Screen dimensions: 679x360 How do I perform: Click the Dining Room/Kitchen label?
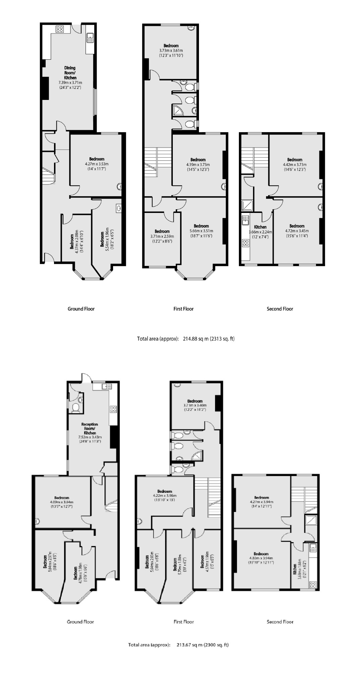click(x=70, y=73)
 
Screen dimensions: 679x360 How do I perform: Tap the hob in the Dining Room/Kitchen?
click(x=60, y=29)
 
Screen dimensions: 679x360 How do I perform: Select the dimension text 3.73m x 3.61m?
click(x=171, y=51)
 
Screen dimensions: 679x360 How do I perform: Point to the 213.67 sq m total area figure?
click(x=190, y=645)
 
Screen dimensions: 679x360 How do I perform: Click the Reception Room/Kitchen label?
click(x=90, y=429)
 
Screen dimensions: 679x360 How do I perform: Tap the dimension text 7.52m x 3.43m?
click(x=90, y=437)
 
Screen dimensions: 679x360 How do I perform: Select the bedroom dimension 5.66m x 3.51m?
click(x=201, y=231)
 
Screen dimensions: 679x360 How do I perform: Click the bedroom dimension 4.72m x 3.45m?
click(x=297, y=231)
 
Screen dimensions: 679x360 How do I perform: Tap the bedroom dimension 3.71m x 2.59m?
click(x=162, y=236)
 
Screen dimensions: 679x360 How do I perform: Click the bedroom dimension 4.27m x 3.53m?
click(x=97, y=164)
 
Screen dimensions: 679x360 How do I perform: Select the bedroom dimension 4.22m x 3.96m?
click(x=164, y=496)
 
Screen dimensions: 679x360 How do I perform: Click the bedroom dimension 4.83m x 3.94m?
click(x=261, y=558)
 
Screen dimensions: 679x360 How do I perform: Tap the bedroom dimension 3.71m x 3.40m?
click(x=195, y=405)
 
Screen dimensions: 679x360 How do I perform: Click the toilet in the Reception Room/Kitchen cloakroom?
click(x=76, y=407)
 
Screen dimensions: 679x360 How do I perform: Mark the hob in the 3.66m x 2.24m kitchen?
click(x=246, y=243)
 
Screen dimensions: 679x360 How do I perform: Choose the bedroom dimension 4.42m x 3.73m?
click(x=295, y=164)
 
